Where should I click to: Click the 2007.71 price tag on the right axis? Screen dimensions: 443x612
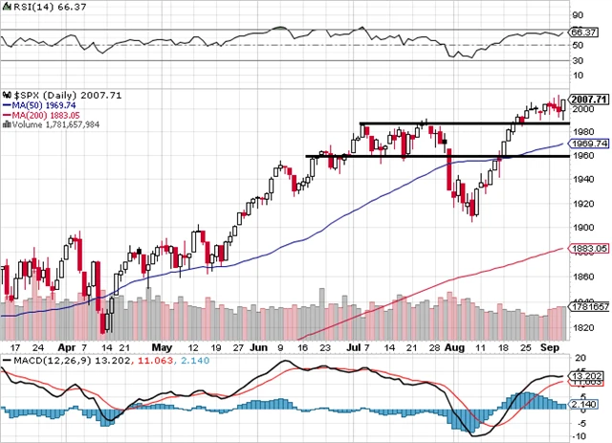pos(588,98)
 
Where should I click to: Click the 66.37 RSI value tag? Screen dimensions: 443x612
pos(583,32)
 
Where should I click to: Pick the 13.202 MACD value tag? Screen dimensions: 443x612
pos(585,374)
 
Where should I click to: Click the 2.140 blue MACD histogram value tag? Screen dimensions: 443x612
pos(585,407)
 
